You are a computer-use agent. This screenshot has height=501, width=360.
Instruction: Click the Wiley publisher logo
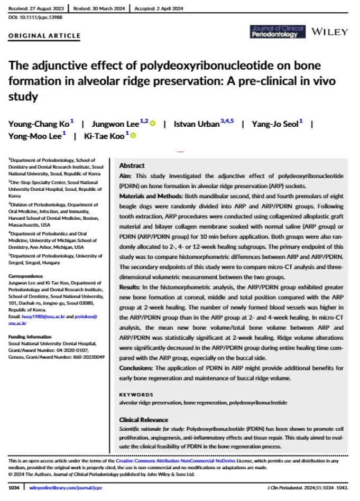(x=330, y=33)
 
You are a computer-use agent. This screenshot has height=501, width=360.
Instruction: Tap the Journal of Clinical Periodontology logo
(x=278, y=32)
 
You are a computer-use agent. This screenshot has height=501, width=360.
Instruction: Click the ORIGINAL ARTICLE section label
(x=44, y=36)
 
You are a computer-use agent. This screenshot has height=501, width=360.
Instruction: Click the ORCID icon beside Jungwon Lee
(x=153, y=124)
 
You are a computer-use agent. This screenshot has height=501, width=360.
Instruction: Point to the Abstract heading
(x=132, y=165)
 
